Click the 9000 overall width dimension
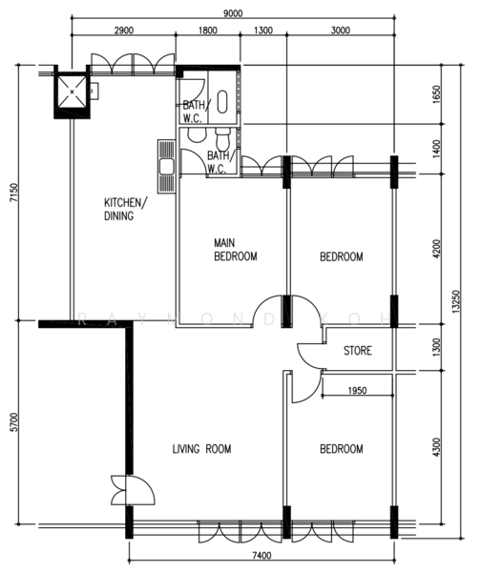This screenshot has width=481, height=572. click(x=233, y=13)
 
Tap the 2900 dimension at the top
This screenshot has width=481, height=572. click(x=124, y=31)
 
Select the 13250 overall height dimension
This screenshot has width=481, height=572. click(x=455, y=301)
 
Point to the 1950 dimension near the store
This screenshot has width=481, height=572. click(x=357, y=391)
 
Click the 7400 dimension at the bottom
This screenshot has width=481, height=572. click(x=261, y=556)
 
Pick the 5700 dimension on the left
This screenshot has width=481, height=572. click(x=13, y=422)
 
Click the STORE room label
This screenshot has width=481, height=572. click(x=358, y=351)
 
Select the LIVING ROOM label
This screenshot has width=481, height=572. click(x=201, y=449)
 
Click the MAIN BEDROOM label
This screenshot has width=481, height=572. click(x=235, y=250)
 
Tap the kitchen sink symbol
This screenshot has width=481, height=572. click(x=167, y=166)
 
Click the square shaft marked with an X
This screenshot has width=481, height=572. click(x=72, y=92)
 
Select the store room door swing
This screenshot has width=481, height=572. click(x=311, y=357)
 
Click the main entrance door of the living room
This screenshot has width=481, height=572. click(x=133, y=490)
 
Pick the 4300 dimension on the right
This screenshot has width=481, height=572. click(x=437, y=447)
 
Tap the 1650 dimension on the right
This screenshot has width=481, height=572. click(x=437, y=94)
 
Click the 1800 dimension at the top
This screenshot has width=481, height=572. click(x=208, y=31)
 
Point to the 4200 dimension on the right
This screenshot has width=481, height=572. click(x=437, y=249)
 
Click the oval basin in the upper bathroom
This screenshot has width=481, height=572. click(x=222, y=101)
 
